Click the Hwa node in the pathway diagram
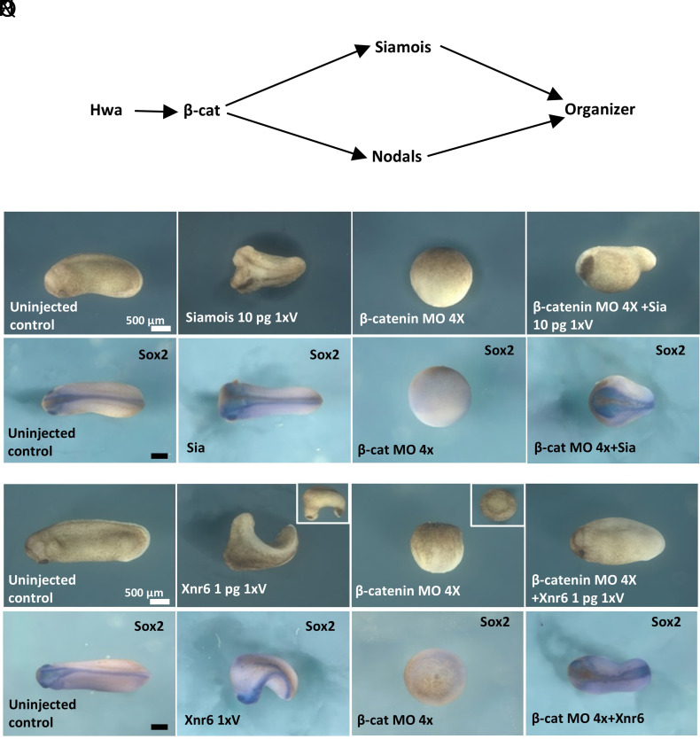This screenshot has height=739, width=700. point(106,112)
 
